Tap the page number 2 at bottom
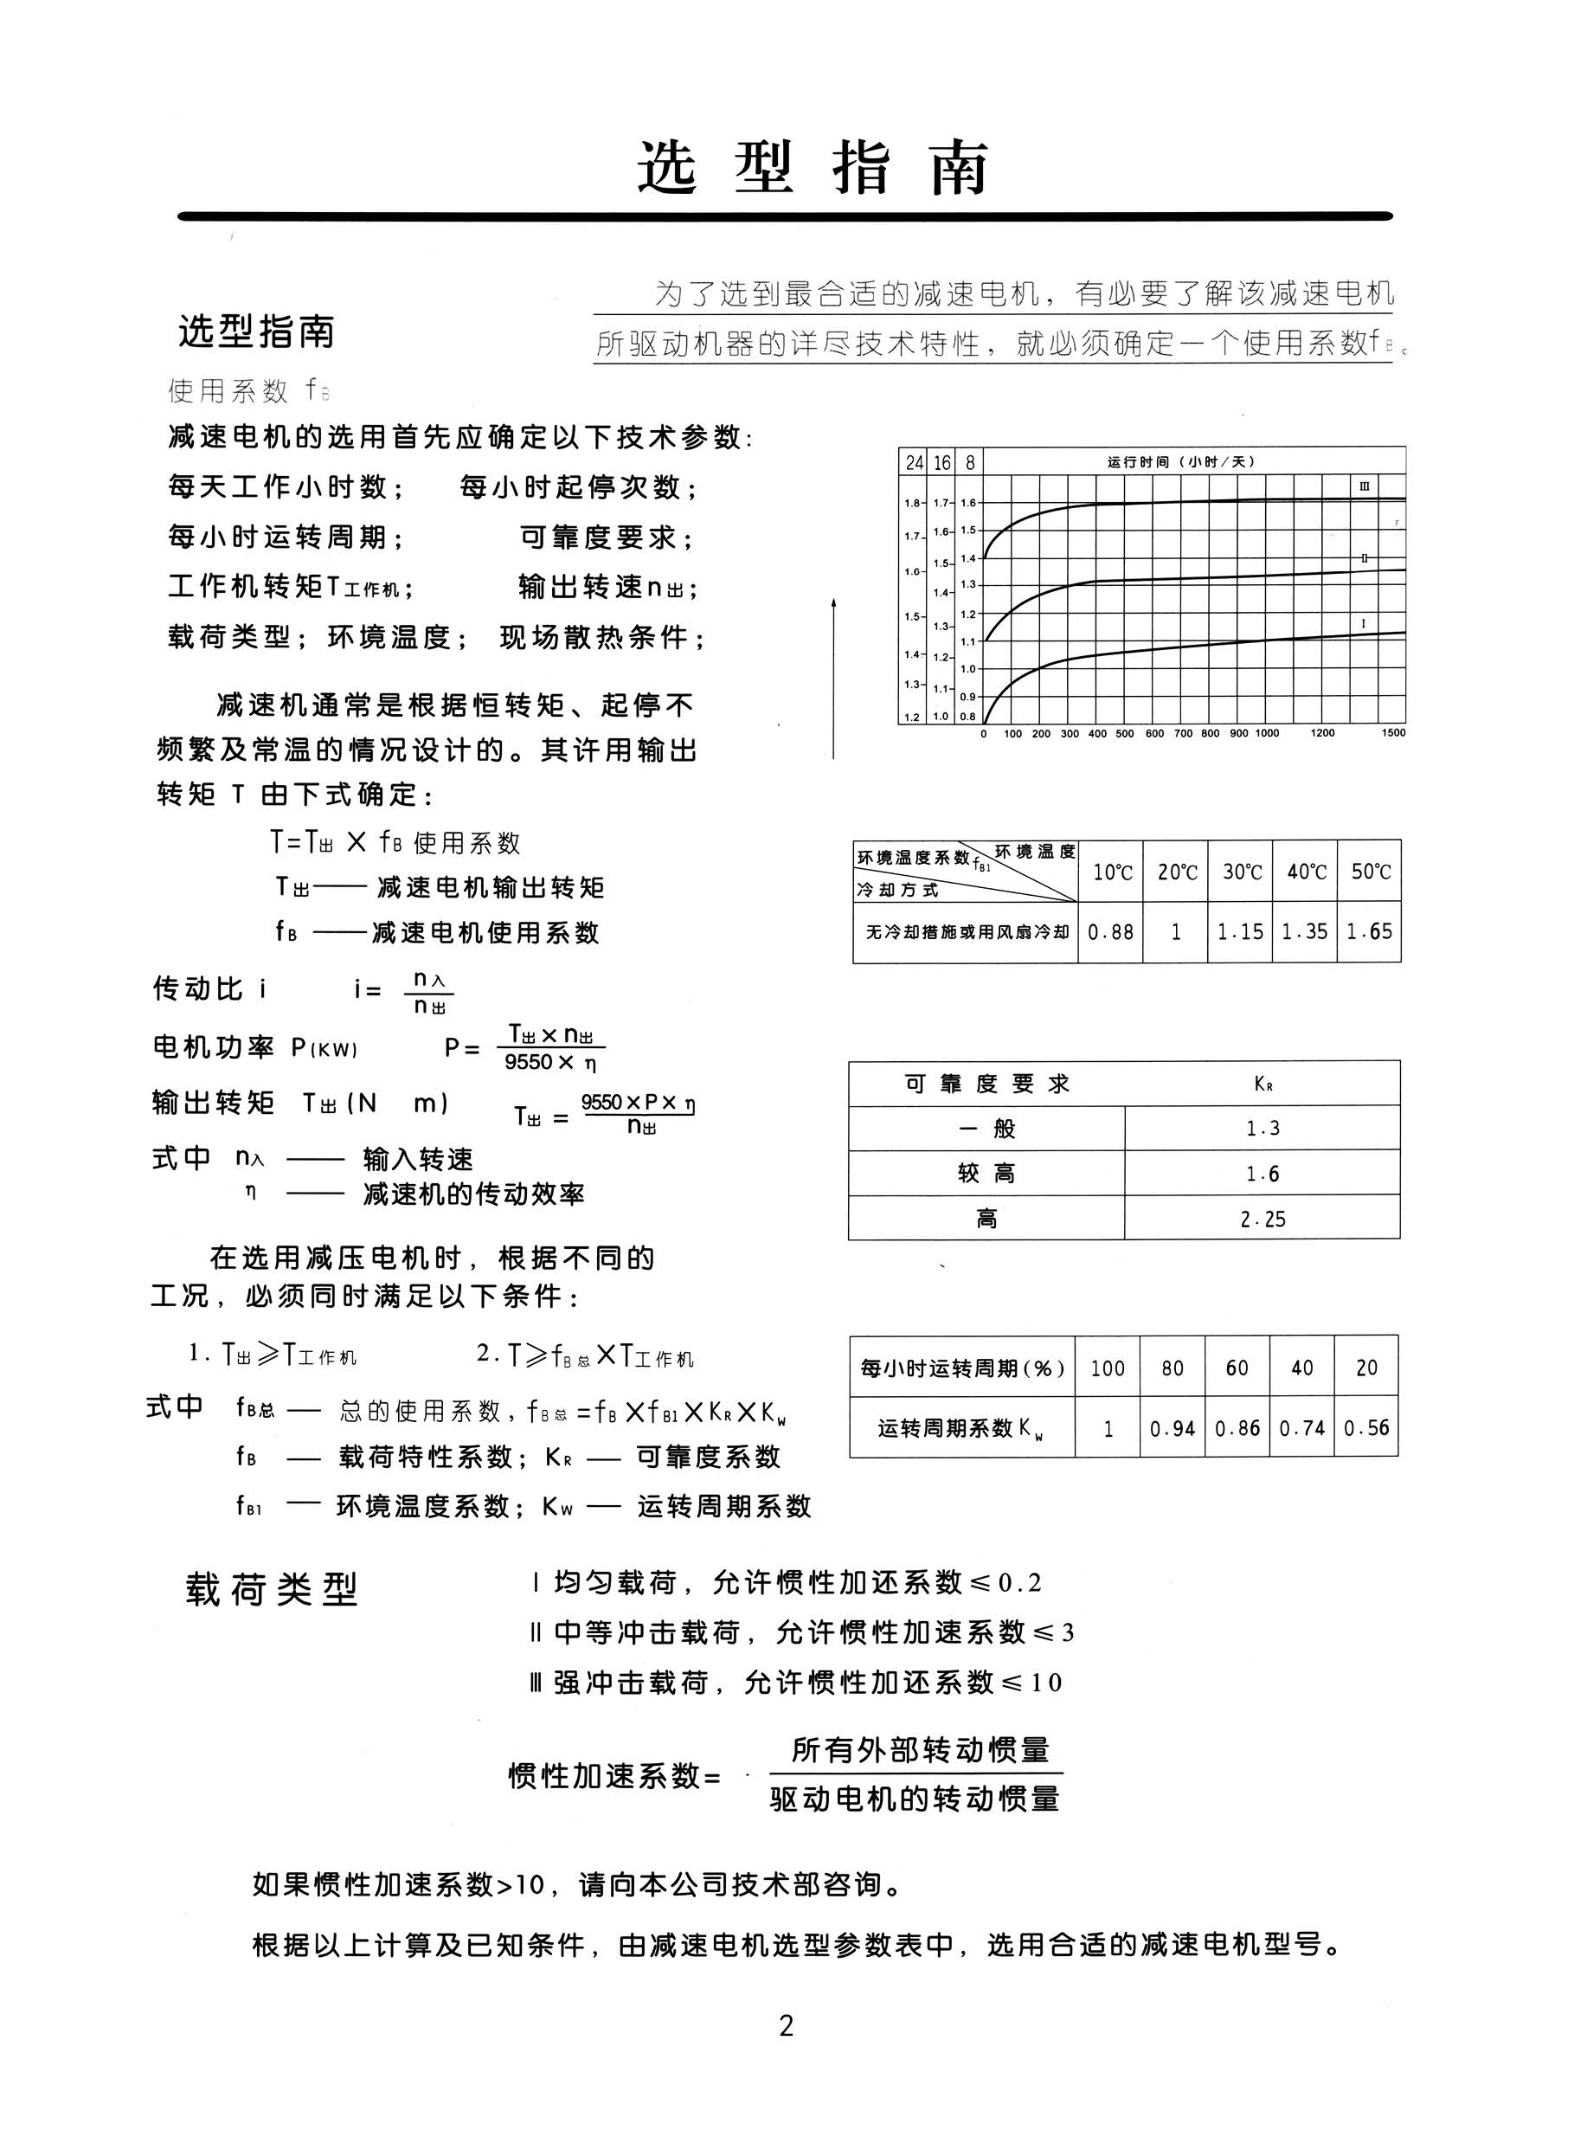click(786, 2026)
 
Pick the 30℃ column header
click(1241, 872)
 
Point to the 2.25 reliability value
click(1262, 1219)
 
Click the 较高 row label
click(986, 1174)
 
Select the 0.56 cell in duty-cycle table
click(1366, 1428)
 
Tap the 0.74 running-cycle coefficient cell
click(1301, 1428)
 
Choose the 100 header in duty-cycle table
click(1107, 1368)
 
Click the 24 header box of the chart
click(914, 463)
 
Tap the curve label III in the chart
click(1364, 486)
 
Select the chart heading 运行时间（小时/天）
click(1181, 462)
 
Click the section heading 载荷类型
click(272, 1589)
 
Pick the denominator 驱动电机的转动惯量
click(915, 1799)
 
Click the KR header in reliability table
click(1262, 1085)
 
